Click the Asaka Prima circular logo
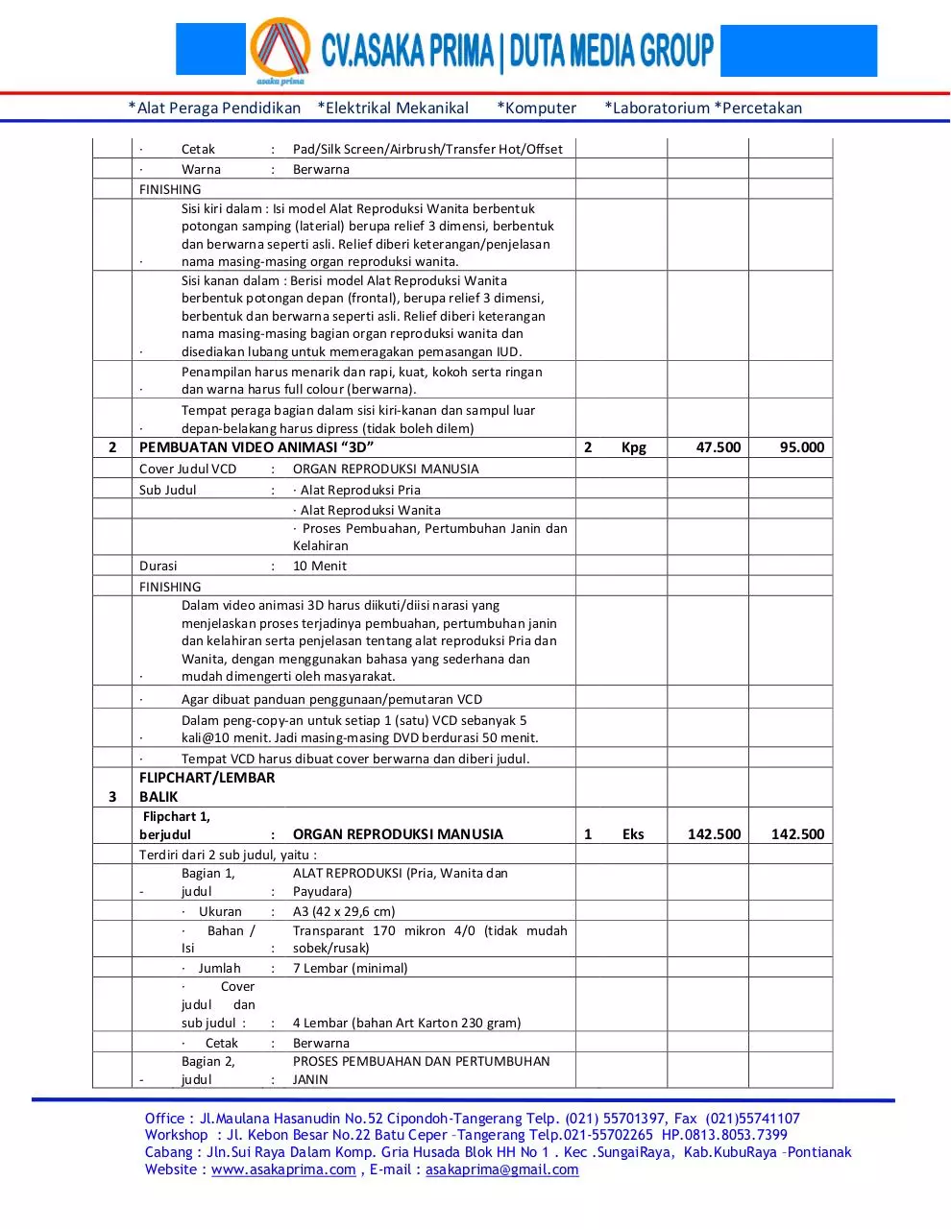click(280, 49)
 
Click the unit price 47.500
click(718, 447)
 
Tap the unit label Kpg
click(634, 447)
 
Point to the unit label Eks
click(633, 834)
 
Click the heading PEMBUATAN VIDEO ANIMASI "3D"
click(256, 447)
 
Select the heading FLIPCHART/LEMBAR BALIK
click(207, 786)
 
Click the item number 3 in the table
click(112, 796)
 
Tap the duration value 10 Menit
click(320, 566)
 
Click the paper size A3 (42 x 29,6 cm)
click(344, 911)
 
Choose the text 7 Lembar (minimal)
click(350, 968)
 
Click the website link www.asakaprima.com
click(283, 1169)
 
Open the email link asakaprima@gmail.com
click(501, 1169)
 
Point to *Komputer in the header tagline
click(537, 108)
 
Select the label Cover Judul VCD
click(187, 470)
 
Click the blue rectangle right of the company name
click(798, 51)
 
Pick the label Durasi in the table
click(158, 566)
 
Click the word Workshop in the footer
click(177, 1135)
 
